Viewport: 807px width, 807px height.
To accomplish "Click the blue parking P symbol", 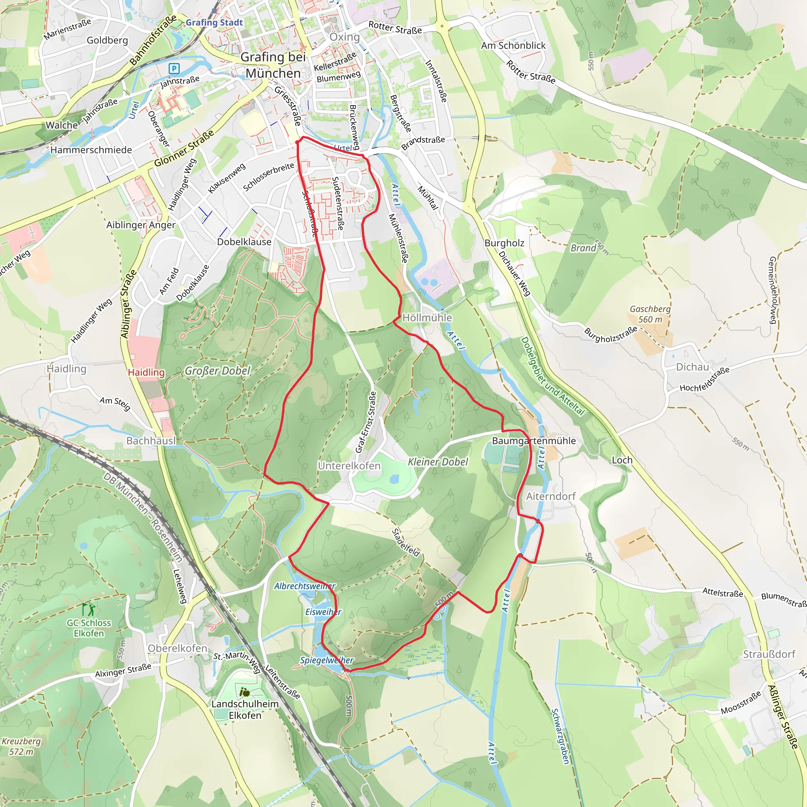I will [x=174, y=68].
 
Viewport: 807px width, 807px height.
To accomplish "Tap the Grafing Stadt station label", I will [x=214, y=22].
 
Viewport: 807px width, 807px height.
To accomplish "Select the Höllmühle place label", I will [x=427, y=318].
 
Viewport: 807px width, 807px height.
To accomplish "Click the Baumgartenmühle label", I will [x=534, y=441].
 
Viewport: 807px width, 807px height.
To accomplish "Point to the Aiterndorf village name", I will [x=550, y=496].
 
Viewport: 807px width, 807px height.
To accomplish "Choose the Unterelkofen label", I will [x=349, y=466].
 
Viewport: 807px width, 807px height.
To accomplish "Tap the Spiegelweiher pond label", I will [x=327, y=660].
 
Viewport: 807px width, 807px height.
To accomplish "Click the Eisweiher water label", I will [x=323, y=612].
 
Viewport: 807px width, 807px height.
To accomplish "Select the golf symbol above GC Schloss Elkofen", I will [x=89, y=609].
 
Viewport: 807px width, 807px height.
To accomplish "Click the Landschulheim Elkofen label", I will [x=245, y=709].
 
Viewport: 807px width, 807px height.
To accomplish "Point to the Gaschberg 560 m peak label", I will [x=650, y=314].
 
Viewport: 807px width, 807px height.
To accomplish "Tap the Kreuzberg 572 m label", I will [x=21, y=746].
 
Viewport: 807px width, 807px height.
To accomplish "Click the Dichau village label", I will [x=692, y=367].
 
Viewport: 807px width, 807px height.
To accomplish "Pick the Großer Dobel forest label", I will [x=217, y=371].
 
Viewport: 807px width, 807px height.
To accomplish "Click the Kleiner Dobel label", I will [x=438, y=462].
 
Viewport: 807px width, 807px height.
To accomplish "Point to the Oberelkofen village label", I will [x=178, y=648].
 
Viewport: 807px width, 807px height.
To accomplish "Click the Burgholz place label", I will [x=504, y=243].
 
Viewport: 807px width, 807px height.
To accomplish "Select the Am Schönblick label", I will [x=513, y=46].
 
